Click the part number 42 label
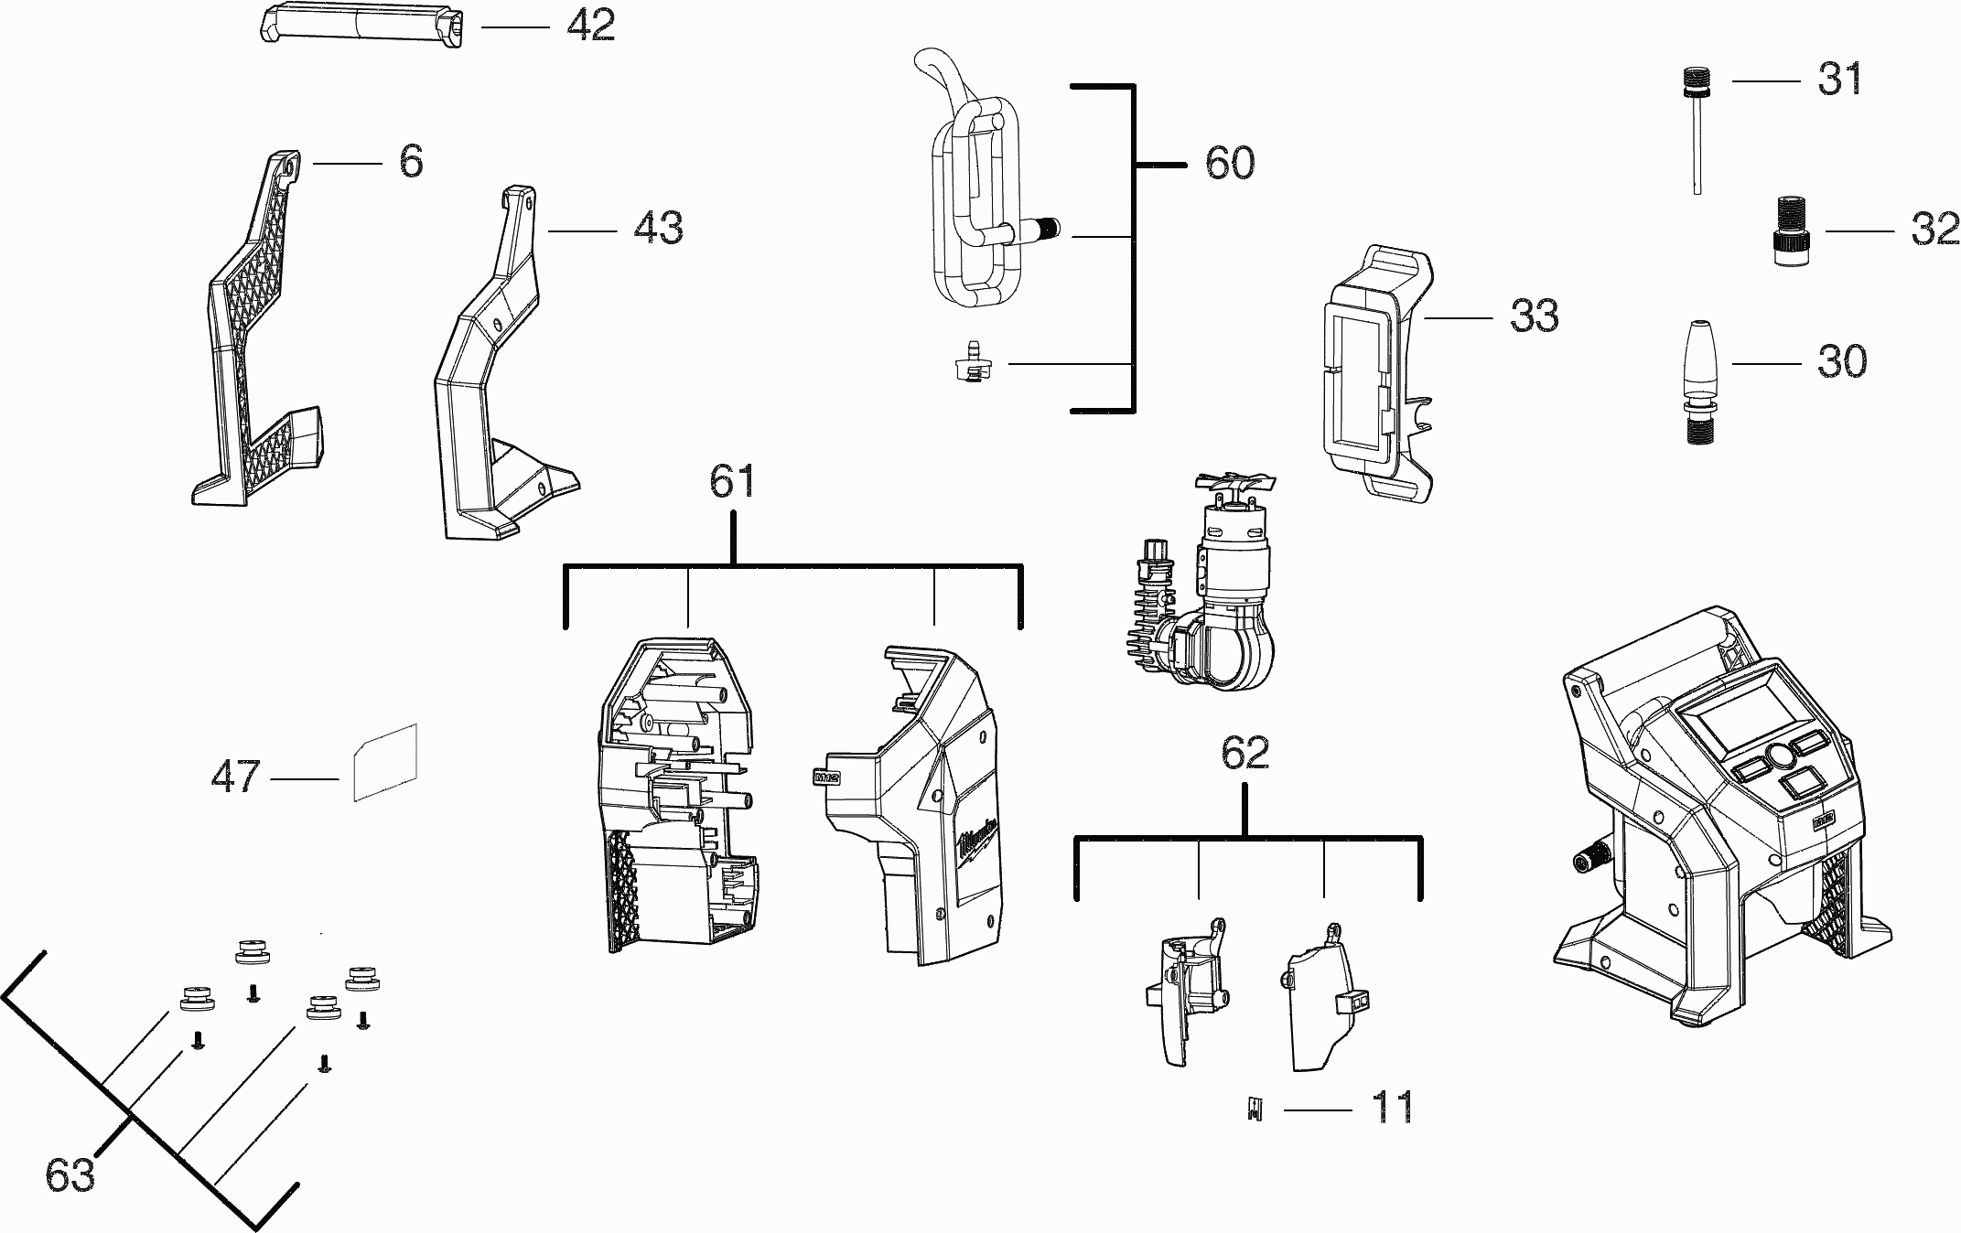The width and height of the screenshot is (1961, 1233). coord(590,26)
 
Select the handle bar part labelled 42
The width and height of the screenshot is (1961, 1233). coord(359,24)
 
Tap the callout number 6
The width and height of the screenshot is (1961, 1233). coord(411,162)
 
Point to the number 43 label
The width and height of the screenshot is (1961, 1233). coord(658,228)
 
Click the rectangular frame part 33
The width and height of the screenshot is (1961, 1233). coord(1379,373)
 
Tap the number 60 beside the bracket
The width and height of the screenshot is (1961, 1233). coord(1229,163)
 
